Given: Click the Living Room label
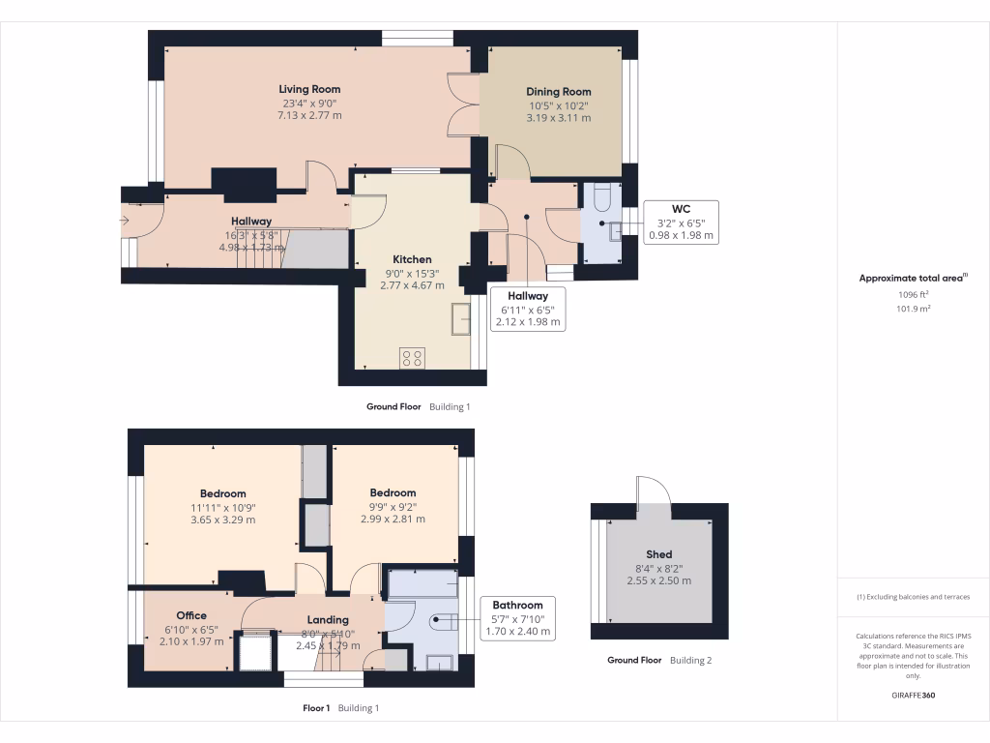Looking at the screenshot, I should point(309,89).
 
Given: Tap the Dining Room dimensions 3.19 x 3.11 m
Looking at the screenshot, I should point(558,118).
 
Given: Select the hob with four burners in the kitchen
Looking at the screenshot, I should point(413,357).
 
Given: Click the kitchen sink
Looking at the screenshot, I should point(460,318).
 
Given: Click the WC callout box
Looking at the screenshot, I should point(681,222).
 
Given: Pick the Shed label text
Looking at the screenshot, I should point(658,554).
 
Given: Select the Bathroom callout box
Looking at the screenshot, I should point(517,618).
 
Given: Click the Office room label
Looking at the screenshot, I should point(191,615).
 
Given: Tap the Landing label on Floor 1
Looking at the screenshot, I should point(328,620).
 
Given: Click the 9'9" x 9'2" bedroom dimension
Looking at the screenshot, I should point(393,506).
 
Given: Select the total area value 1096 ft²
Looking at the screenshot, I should point(913,294).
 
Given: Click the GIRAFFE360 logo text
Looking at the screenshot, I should point(913,696).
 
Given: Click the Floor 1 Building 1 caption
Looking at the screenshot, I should point(340,708).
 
